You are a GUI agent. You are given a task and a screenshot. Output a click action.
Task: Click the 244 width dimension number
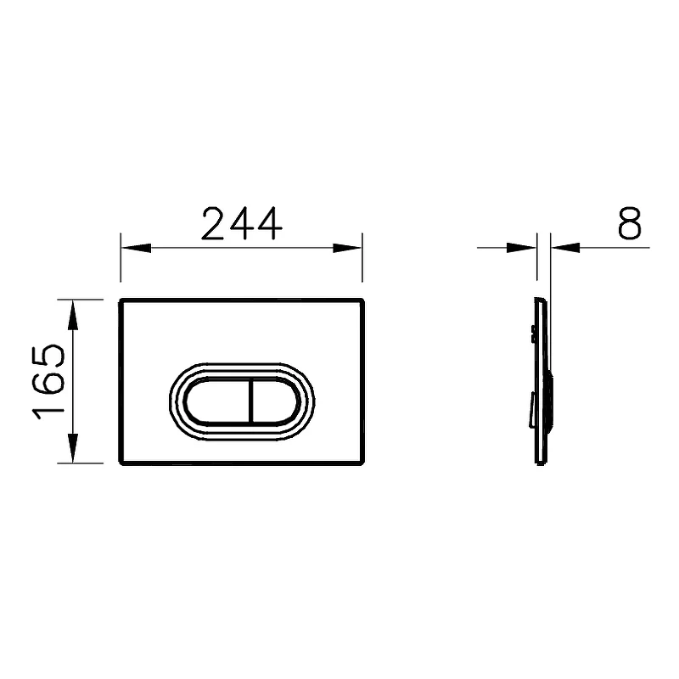(242, 223)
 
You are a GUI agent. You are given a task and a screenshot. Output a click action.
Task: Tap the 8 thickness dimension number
(629, 223)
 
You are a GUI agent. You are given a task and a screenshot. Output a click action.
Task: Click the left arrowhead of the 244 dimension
(136, 248)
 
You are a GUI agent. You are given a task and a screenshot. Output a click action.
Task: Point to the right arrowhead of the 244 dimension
(347, 248)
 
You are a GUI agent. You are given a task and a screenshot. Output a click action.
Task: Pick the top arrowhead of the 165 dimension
(73, 315)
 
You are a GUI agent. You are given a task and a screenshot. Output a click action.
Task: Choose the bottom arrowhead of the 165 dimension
(73, 448)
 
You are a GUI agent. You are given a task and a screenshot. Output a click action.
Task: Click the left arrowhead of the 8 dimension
(522, 248)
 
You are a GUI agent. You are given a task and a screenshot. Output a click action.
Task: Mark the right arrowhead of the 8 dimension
(565, 248)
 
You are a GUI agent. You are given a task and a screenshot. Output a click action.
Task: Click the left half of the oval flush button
(217, 401)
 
